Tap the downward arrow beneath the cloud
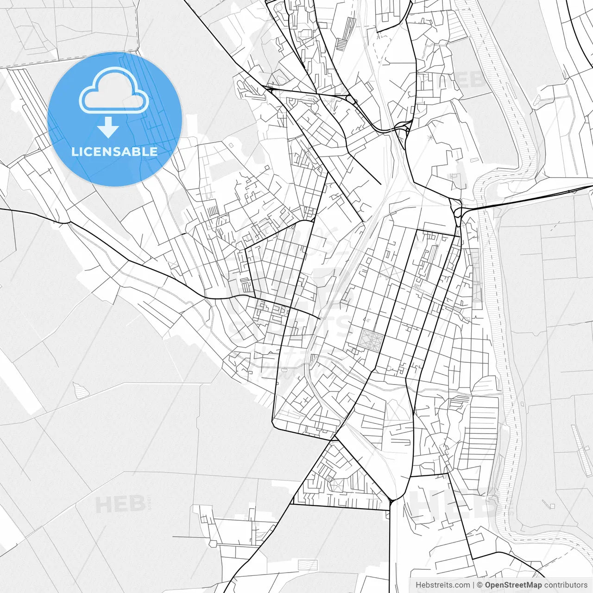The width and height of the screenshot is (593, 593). pos(108,127)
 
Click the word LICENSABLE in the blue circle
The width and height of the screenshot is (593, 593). pos(114,151)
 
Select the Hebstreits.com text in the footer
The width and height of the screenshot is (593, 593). pos(442,585)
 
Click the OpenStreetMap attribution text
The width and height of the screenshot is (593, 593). pos(513,585)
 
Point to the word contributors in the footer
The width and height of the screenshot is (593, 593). pos(566,585)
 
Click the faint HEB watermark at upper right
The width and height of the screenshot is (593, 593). pos(461,80)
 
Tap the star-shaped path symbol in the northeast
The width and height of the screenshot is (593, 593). pos(432,138)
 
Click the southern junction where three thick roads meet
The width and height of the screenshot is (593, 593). pos(391,501)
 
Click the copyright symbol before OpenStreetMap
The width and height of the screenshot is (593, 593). pos(480,585)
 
